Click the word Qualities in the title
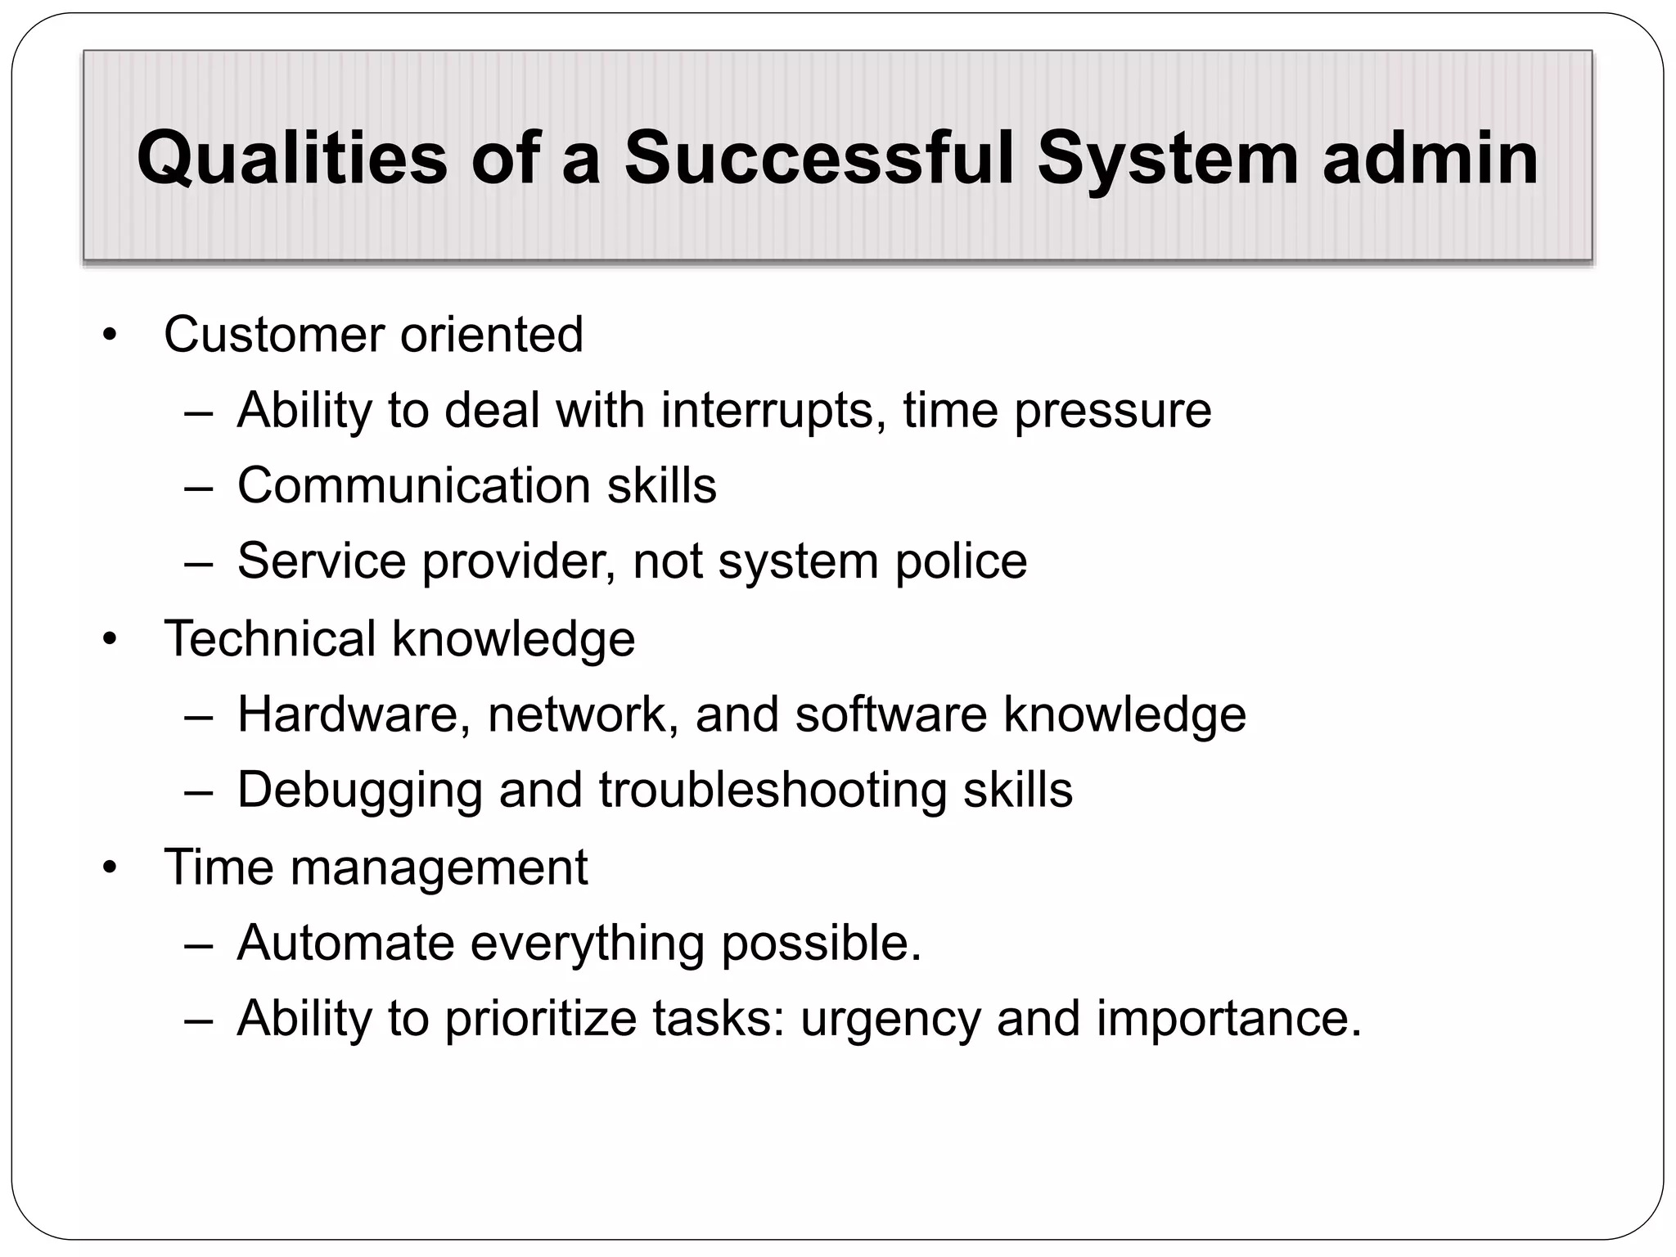click(x=292, y=158)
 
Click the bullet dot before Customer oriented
click(x=110, y=336)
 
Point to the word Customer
click(x=274, y=335)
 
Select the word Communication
click(x=413, y=485)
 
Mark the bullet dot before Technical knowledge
click(x=110, y=639)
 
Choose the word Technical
click(x=269, y=638)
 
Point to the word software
click(x=890, y=714)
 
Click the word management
click(x=439, y=868)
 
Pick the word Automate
click(x=345, y=943)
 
